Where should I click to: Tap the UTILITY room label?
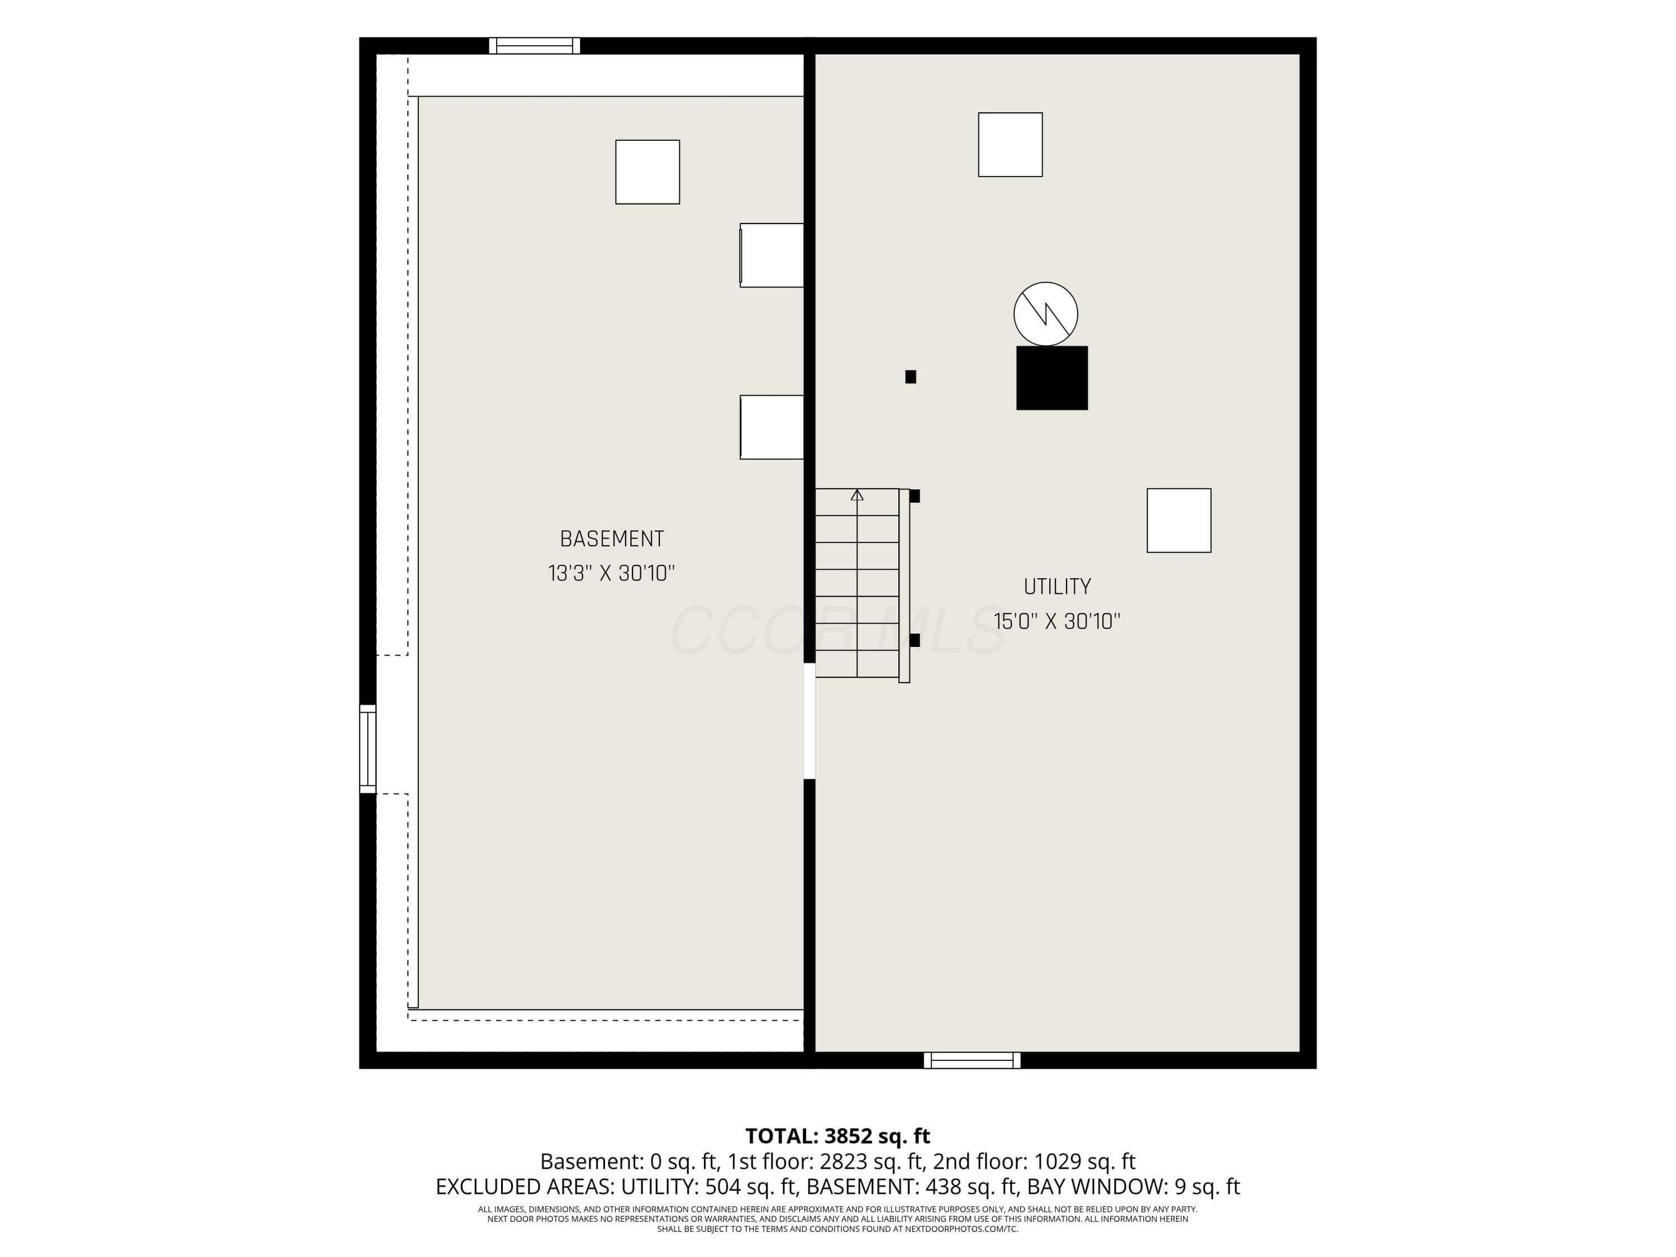point(1057,587)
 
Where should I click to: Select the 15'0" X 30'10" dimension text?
point(1057,621)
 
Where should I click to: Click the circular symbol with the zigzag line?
point(1046,313)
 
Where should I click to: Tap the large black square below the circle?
point(1051,378)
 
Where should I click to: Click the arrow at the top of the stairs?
point(857,496)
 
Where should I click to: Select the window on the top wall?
point(534,45)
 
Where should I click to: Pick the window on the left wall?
point(368,749)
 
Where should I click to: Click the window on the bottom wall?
point(972,1060)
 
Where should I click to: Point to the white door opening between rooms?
point(809,721)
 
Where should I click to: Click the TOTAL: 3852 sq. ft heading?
point(837,1136)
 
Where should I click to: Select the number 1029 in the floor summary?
point(1053,1161)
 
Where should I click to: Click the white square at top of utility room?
point(1010,145)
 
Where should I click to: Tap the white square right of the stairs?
point(1179,521)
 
